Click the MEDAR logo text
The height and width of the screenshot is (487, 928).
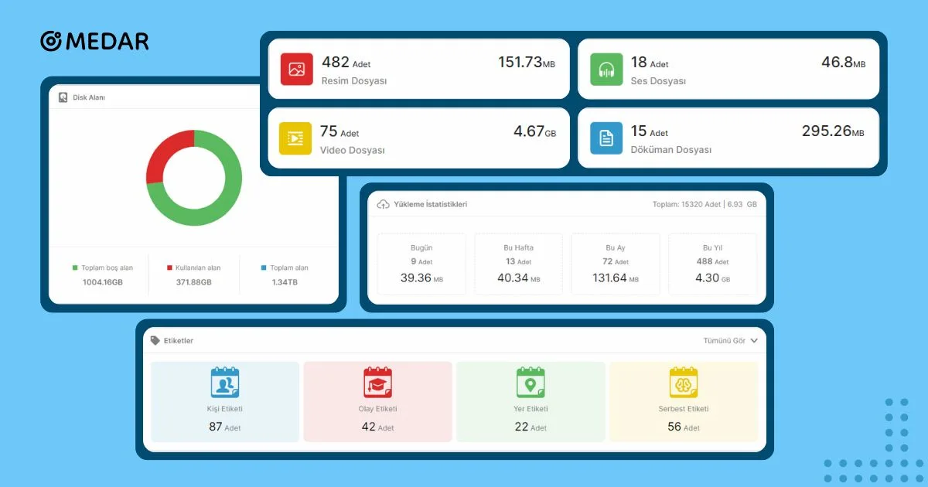click(107, 41)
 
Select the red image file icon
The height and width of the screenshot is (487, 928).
click(296, 69)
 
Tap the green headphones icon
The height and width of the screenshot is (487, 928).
click(606, 69)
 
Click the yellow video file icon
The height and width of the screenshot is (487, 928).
click(295, 138)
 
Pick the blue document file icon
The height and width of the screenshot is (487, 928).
click(606, 138)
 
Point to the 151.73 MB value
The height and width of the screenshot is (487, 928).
click(526, 63)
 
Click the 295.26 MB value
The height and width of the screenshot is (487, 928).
click(833, 131)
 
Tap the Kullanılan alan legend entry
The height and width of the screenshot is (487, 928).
click(193, 268)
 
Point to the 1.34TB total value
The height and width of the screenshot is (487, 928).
click(285, 282)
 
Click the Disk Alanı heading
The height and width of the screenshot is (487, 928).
click(89, 97)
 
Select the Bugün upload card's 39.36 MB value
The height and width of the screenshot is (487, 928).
click(421, 278)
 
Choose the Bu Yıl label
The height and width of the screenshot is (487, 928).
click(712, 247)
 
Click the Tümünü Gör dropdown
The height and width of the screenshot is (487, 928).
click(730, 340)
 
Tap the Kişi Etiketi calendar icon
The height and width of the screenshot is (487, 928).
click(225, 383)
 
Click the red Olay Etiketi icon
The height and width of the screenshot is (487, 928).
click(377, 383)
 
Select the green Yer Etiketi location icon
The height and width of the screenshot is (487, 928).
click(531, 383)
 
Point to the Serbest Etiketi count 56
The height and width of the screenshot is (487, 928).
click(674, 427)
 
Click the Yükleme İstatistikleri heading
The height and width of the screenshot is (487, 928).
click(430, 205)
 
